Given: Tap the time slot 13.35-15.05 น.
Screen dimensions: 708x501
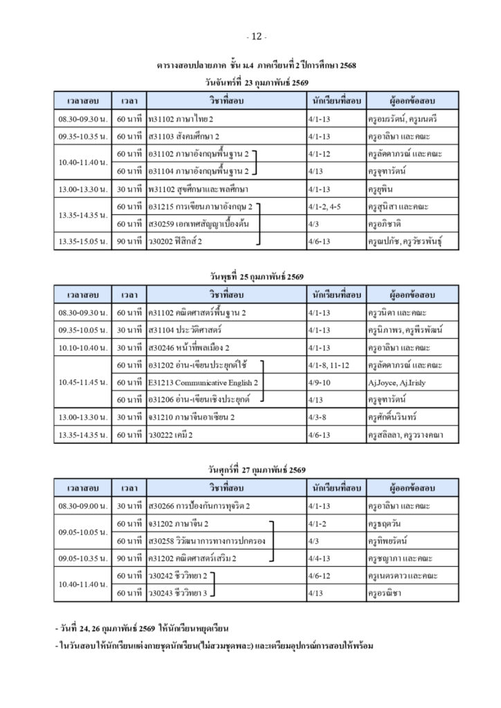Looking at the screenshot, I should pos(83,241).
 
